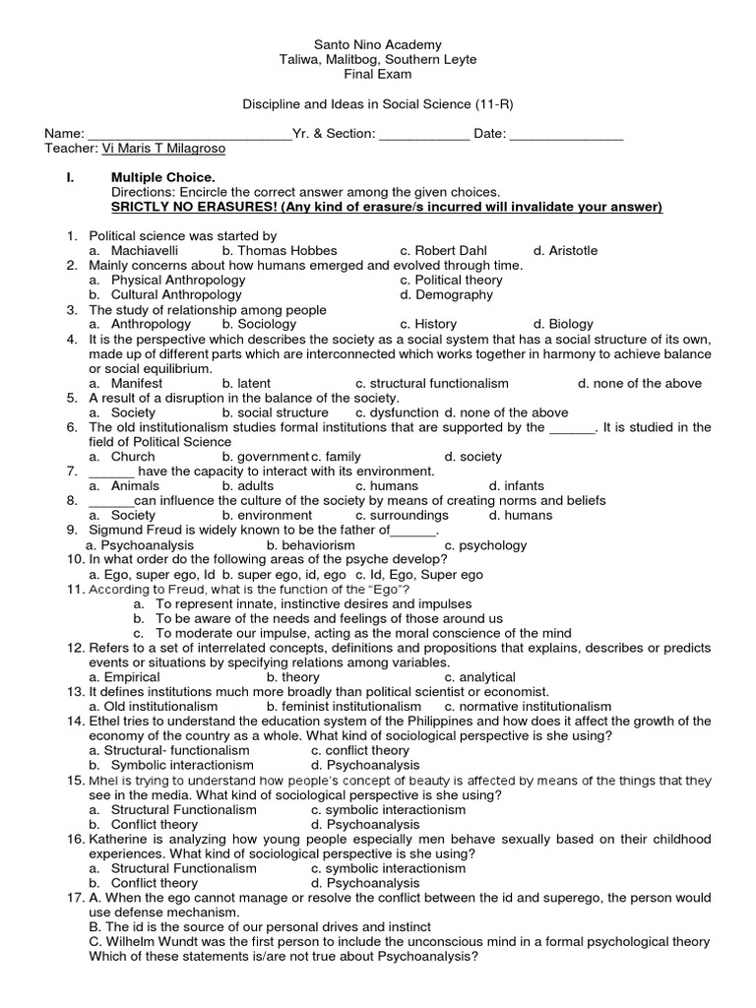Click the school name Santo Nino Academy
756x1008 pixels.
click(x=378, y=45)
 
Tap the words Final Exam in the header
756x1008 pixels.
click(x=378, y=75)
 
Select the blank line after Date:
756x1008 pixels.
click(x=567, y=135)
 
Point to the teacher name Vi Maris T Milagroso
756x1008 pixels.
click(x=163, y=149)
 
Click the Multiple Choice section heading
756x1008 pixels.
click(x=162, y=177)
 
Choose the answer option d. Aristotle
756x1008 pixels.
click(x=565, y=251)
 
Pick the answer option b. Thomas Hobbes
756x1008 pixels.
click(x=280, y=251)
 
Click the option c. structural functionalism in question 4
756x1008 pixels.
click(x=432, y=384)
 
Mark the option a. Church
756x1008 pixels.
click(x=122, y=457)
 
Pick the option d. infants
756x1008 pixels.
click(x=517, y=486)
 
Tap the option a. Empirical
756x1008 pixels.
click(x=124, y=677)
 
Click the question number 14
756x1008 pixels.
click(x=76, y=722)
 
